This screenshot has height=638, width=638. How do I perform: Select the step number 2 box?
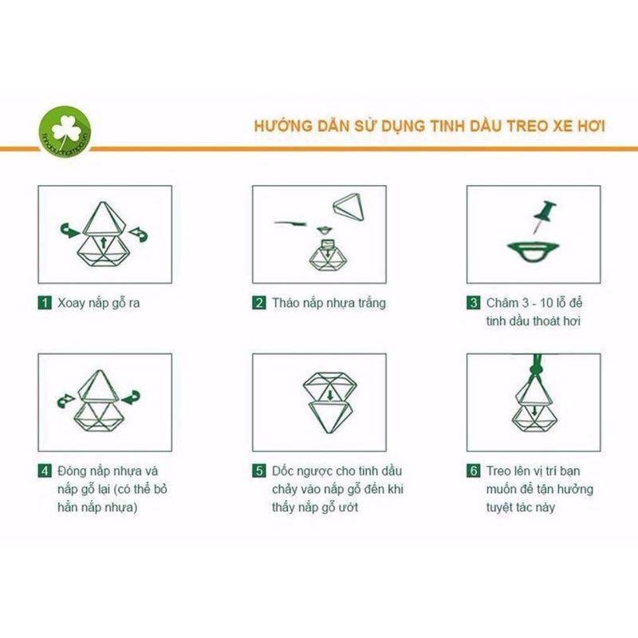259,303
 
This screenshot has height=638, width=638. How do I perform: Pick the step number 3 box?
473,303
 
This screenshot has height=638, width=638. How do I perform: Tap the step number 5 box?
259,471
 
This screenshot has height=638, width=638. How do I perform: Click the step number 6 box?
473,471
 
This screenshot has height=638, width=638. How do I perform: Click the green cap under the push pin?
532,251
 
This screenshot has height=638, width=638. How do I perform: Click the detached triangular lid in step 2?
348,207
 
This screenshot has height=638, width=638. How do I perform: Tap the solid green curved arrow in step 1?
71,230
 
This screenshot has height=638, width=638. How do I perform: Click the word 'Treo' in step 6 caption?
502,471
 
